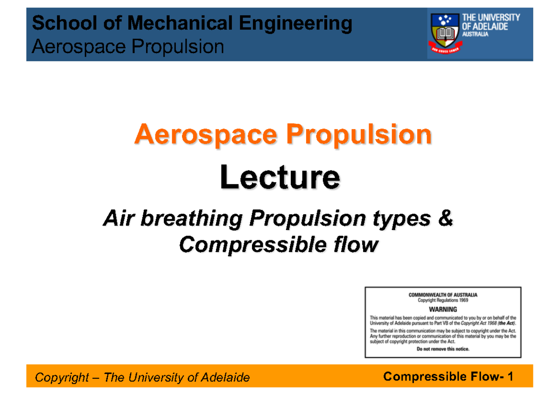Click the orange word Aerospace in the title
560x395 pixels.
[x=205, y=135]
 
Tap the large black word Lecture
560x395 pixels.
[x=280, y=178]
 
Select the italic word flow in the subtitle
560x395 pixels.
[x=359, y=244]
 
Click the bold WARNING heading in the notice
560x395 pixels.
[x=443, y=309]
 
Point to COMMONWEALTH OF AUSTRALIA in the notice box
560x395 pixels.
[x=443, y=295]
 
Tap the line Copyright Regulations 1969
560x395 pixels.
[x=443, y=301]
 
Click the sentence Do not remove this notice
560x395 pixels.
[x=443, y=349]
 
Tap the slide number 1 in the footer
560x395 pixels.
[x=511, y=377]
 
